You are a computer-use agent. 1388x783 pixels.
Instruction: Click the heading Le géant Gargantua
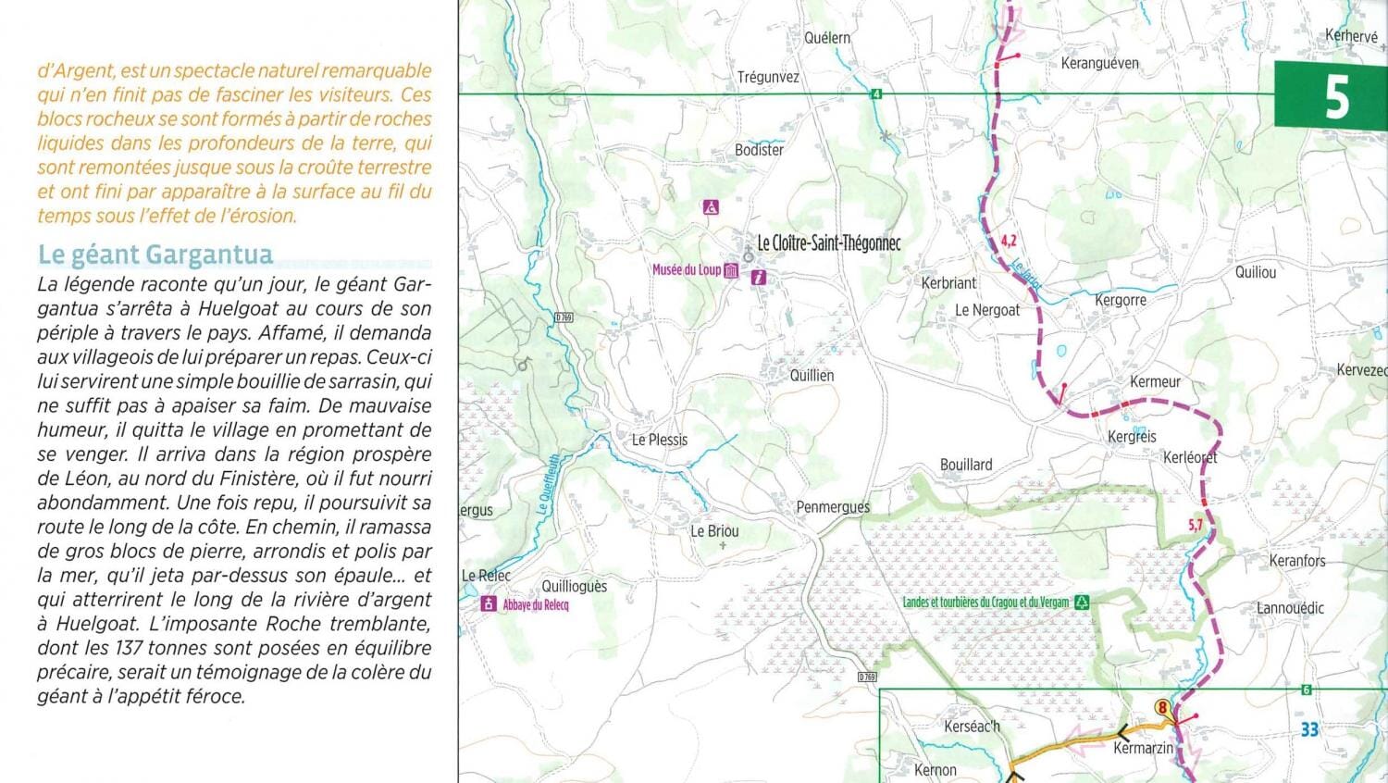155,255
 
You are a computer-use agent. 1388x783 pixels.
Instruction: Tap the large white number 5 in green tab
1336,96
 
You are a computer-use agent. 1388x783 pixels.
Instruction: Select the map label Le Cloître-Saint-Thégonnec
828,243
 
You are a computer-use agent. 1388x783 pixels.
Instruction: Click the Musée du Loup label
687,270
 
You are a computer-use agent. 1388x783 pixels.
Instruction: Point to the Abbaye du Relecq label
536,605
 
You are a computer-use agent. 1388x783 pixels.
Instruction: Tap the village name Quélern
827,38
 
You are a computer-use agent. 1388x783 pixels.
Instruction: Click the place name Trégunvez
768,78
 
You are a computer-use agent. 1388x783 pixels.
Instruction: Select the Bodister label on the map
759,150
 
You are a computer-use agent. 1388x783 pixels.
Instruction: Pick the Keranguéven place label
1099,64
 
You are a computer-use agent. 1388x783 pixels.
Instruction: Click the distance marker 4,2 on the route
1009,241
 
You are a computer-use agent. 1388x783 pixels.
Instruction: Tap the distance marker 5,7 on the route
1196,525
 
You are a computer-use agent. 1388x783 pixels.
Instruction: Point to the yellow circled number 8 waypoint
1162,708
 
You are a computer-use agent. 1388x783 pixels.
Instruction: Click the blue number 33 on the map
1309,729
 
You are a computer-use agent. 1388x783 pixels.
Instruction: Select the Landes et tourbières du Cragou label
985,603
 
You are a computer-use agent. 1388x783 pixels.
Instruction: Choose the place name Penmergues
833,507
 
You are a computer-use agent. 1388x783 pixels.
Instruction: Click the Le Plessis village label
660,441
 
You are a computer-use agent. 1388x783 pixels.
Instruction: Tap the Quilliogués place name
574,587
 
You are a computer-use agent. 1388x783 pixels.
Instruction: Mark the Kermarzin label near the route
1143,748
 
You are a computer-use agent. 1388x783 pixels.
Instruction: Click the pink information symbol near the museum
759,277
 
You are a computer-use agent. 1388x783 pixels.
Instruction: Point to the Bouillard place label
966,465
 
